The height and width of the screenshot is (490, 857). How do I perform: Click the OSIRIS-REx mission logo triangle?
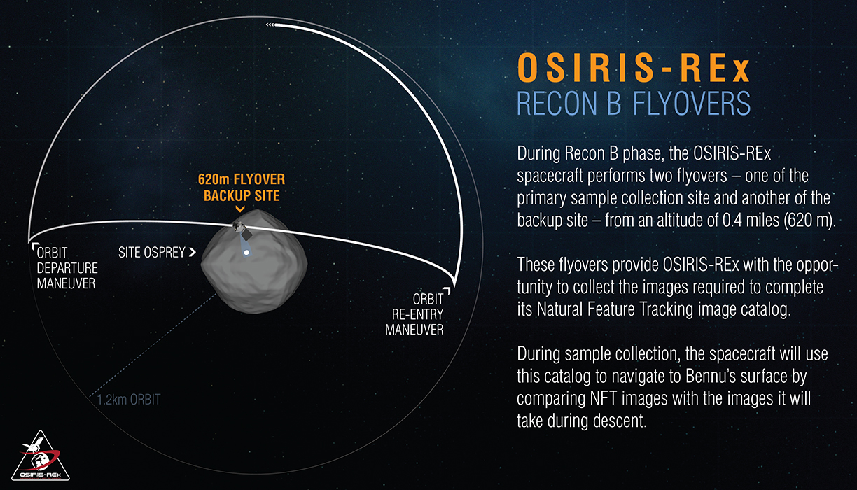[x=41, y=458]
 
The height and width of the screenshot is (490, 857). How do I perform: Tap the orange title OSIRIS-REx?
[x=634, y=68]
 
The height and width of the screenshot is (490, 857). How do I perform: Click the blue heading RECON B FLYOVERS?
[x=634, y=104]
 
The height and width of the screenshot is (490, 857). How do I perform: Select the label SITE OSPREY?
[x=151, y=253]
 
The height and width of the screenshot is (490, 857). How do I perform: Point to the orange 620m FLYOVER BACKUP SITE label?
[x=242, y=188]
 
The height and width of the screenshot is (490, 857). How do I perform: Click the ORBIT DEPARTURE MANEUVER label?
[x=67, y=268]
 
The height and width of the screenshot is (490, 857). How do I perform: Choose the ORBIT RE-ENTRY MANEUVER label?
[x=414, y=314]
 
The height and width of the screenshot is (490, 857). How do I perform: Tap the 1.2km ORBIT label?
[x=129, y=400]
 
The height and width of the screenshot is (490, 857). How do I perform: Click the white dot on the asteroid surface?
[x=246, y=253]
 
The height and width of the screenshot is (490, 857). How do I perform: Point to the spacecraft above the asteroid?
[x=242, y=229]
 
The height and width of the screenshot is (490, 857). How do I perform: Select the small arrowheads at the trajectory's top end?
[x=270, y=25]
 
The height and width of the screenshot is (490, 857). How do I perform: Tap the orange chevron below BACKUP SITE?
[x=240, y=209]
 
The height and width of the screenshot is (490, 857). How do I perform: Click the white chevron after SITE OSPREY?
[x=193, y=252]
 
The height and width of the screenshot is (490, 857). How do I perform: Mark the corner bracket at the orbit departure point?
[x=35, y=246]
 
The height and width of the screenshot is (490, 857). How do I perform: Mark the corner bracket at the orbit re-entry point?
[x=447, y=290]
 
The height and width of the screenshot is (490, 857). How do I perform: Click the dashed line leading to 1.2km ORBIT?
[x=153, y=346]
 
